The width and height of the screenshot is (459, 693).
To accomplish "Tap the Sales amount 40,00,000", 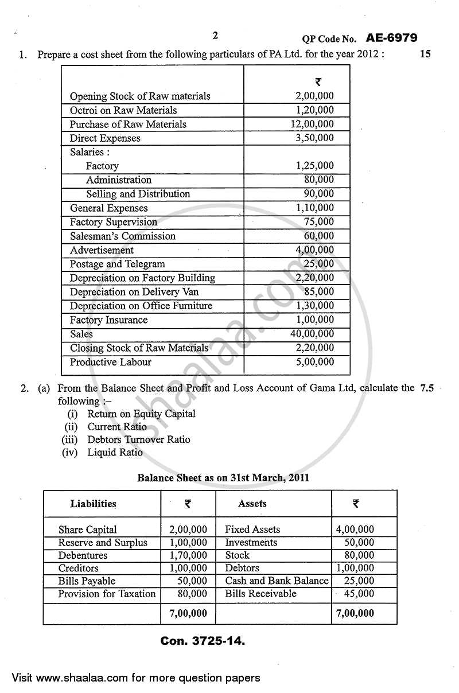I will pos(312,334).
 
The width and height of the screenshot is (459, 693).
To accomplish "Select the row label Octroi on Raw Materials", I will pos(123,110).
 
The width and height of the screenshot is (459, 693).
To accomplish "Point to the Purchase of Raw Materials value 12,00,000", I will pos(312,124).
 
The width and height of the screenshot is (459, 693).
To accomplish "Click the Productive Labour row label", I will pos(111,362).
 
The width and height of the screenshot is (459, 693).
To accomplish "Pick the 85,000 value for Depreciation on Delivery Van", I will pos(318,292).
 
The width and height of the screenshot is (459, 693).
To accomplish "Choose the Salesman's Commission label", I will pos(123,236).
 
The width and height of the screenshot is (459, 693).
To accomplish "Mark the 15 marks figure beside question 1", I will pos(425,54).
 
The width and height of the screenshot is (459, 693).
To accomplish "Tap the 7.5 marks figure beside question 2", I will pos(427,388).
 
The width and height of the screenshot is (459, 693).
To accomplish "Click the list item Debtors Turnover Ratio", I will pos(138,439).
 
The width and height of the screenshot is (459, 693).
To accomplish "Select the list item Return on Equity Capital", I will pos(141,414).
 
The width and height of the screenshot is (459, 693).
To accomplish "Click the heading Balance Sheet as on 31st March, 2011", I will pos(223,477).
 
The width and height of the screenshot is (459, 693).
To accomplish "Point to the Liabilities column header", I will pos(93,504).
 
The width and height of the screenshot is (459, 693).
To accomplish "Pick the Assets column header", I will pos(252,504).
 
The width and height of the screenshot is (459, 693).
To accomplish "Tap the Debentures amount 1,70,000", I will pos(188,555).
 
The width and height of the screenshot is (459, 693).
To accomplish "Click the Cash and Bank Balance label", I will pos(277,581).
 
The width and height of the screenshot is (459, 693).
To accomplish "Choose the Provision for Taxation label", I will pos(107,594).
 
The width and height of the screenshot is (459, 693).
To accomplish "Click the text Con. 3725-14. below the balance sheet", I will pos(203,641).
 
